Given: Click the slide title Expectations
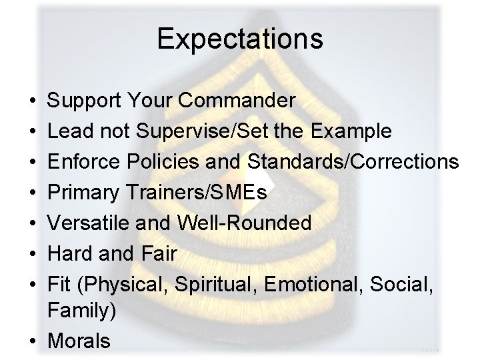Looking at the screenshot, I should pos(240,39).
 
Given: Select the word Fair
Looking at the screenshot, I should pos(157,254).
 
